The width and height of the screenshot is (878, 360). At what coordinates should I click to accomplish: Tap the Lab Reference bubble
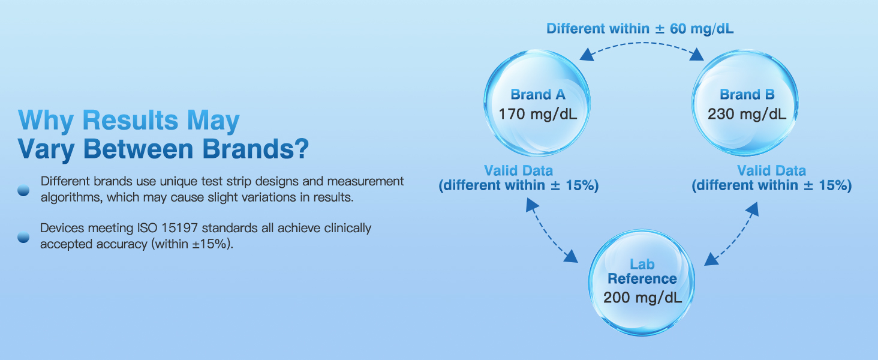coord(642,282)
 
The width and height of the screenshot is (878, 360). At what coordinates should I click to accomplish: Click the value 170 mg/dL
coord(537,114)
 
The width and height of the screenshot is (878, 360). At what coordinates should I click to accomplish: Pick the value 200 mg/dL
coord(642,298)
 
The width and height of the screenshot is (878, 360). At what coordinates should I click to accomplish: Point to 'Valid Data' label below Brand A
coord(518,170)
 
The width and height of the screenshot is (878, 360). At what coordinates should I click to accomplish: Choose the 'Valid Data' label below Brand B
coord(771,170)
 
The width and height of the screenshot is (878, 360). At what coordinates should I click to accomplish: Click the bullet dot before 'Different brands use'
coord(23,190)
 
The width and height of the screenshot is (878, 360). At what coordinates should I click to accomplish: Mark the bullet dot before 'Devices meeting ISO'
coord(23,236)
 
